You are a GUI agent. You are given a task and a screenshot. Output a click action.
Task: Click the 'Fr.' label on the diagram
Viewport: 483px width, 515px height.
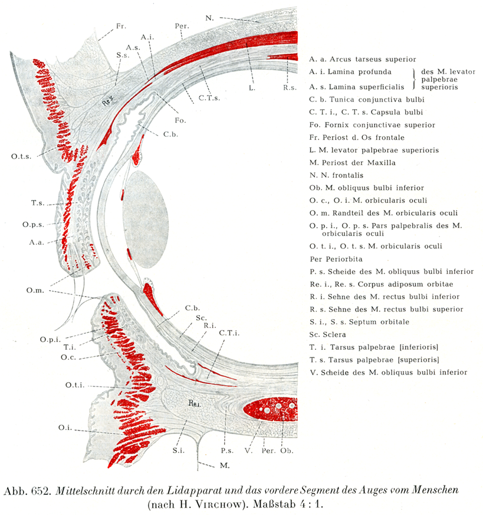121,27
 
